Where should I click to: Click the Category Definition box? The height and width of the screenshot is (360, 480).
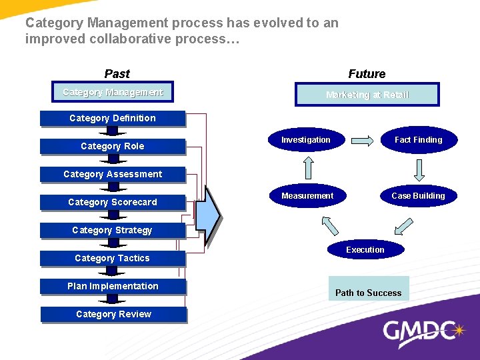tap(113, 119)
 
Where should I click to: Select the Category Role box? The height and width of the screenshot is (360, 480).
tap(113, 147)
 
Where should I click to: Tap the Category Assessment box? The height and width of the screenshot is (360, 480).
tap(113, 175)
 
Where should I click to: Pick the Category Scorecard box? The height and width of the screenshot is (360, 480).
tap(113, 203)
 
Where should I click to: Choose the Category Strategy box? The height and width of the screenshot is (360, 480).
tap(113, 231)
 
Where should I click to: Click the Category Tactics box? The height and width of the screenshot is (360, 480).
tap(113, 259)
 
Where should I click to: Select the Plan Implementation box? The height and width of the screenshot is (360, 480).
tap(113, 287)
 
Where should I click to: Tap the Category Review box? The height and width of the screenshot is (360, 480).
tap(113, 315)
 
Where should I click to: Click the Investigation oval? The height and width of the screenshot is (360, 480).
tap(305, 140)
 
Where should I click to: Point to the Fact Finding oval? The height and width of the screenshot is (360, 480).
tap(418, 140)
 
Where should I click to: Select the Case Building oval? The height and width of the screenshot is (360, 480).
tap(418, 196)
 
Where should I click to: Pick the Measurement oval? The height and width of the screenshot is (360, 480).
tap(307, 196)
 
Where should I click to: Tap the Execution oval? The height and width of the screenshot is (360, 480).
tap(365, 250)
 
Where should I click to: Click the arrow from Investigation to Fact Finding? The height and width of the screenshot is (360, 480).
tap(363, 141)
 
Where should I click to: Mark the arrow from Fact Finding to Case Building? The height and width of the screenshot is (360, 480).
tap(419, 169)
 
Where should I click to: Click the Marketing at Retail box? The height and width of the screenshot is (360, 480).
tap(367, 95)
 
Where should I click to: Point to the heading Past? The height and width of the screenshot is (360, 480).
tap(117, 74)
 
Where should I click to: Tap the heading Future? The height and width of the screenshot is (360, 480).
tap(367, 74)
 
